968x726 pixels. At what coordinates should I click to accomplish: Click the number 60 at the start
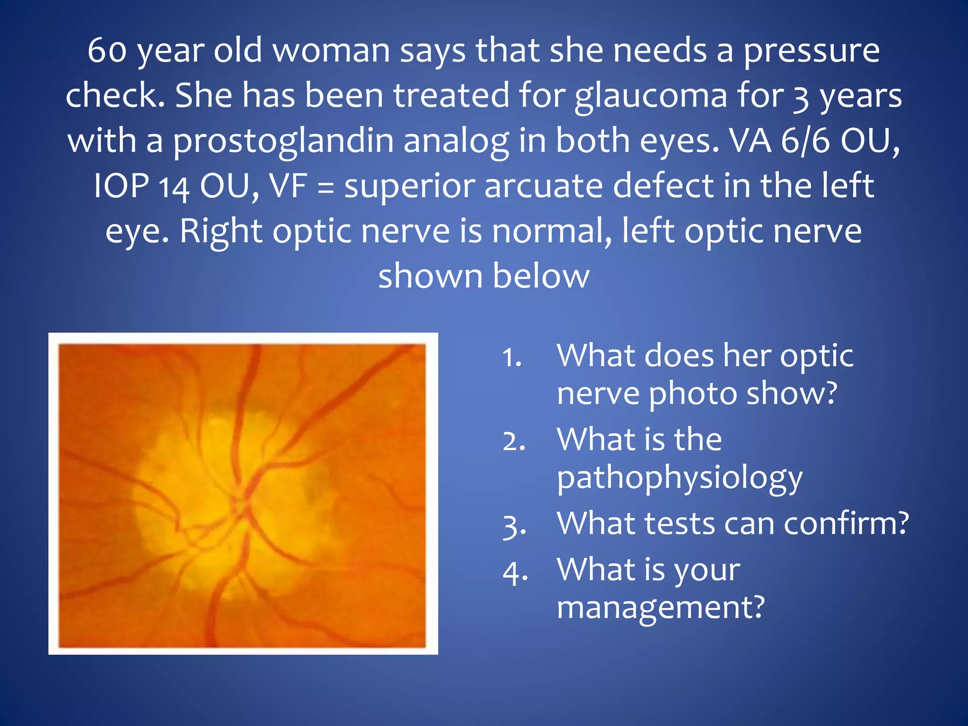pos(107,50)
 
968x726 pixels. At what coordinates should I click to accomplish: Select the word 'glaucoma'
pos(651,96)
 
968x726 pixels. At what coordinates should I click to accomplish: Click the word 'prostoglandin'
pos(283,141)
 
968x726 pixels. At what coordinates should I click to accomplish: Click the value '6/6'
pos(805,141)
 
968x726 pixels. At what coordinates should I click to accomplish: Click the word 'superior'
pos(409,186)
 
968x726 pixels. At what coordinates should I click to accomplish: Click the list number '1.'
pos(512,357)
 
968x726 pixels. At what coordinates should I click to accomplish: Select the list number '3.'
pos(514,526)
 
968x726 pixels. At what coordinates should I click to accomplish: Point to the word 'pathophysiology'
pos(680,478)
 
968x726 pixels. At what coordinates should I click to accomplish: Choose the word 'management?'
pos(660,607)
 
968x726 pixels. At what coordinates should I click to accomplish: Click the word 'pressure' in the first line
pos(812,51)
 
